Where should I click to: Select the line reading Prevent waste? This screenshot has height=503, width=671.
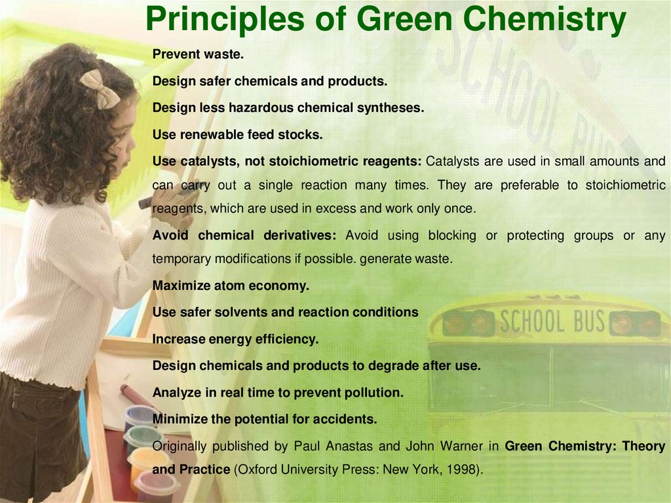point(198,54)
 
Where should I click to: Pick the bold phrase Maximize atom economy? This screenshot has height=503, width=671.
point(231,286)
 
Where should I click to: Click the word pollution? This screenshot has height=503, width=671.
point(376,393)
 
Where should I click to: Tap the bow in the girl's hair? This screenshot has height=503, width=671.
point(100,89)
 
